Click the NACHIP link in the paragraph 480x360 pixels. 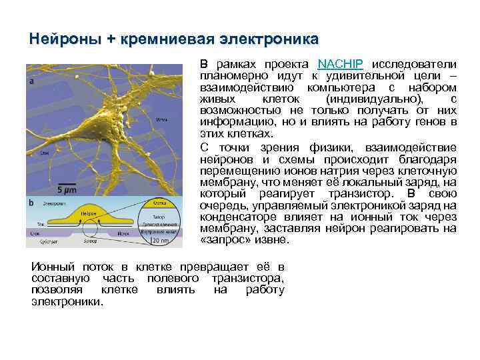pyautogui.click(x=341, y=65)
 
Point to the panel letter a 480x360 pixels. pyautogui.click(x=31, y=81)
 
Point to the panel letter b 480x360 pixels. pyautogui.click(x=31, y=202)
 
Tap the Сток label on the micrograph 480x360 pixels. pyautogui.click(x=44, y=153)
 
